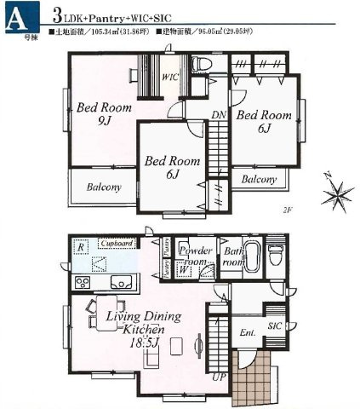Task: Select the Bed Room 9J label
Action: coord(101,116)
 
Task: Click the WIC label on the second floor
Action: coord(169,78)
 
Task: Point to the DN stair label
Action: coord(218,116)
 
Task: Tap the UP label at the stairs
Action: coord(218,376)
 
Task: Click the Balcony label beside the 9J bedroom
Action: coord(100,187)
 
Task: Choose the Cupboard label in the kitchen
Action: coord(117,244)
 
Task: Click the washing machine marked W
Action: coord(184,270)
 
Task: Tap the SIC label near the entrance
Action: coord(274,326)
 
